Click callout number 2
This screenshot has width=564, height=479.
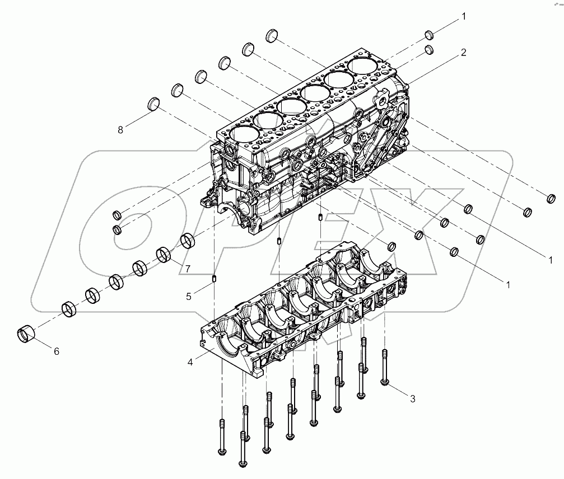click(463, 53)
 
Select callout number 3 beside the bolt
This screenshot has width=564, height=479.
click(412, 399)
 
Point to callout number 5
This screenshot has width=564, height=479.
click(189, 296)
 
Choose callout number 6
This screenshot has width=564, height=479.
click(56, 351)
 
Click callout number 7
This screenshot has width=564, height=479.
click(188, 269)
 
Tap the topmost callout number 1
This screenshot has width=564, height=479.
click(463, 17)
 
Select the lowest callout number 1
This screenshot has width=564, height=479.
click(508, 285)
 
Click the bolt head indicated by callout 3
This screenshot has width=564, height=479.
click(384, 381)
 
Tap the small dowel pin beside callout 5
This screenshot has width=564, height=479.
click(214, 278)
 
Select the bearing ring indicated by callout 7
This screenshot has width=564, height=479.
click(164, 255)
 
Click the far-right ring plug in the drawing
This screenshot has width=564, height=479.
click(551, 198)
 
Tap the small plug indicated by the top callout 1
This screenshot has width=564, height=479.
click(428, 34)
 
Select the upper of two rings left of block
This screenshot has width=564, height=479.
click(117, 215)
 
